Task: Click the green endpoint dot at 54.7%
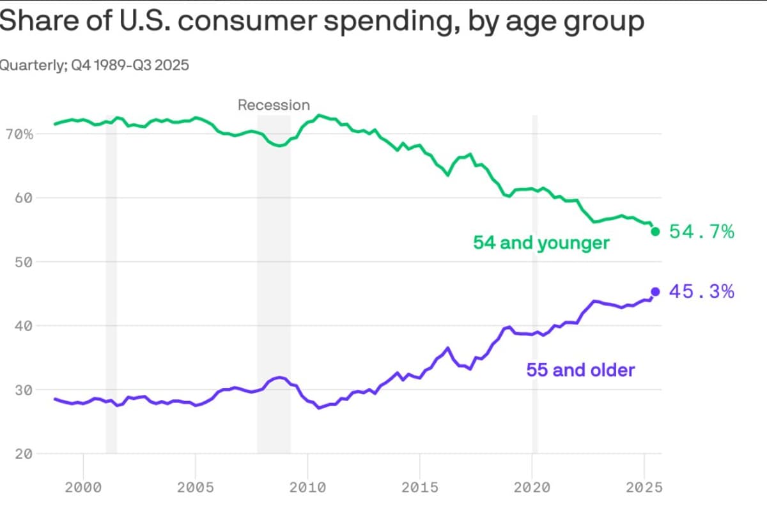(655, 231)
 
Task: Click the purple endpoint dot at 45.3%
(655, 291)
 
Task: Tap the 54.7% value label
(702, 232)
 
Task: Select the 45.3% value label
(701, 292)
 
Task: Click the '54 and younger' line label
(541, 243)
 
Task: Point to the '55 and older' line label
(580, 370)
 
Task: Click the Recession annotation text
(274, 105)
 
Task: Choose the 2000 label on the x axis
(83, 487)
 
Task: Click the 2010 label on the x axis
(307, 487)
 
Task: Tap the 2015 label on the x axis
(419, 487)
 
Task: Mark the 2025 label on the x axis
(644, 487)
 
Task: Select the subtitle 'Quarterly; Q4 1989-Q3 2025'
(94, 65)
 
